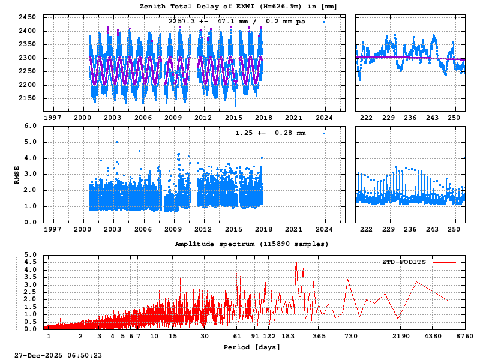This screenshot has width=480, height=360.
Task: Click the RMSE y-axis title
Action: pos(17,174)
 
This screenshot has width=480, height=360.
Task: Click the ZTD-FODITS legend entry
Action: pos(405,262)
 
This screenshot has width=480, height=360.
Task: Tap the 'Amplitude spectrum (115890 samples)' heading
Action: pos(252,244)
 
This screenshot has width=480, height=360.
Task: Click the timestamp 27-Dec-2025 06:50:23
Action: pos(58,355)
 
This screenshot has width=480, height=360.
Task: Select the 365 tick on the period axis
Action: pos(319,337)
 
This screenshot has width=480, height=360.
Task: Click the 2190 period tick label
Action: pos(401,337)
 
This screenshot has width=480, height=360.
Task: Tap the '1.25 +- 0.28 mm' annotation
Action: pos(270,133)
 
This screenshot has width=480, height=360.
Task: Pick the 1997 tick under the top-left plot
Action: pos(52,118)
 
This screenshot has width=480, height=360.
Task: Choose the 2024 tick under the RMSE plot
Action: pos(325,229)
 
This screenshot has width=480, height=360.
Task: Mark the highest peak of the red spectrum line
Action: pos(296,259)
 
